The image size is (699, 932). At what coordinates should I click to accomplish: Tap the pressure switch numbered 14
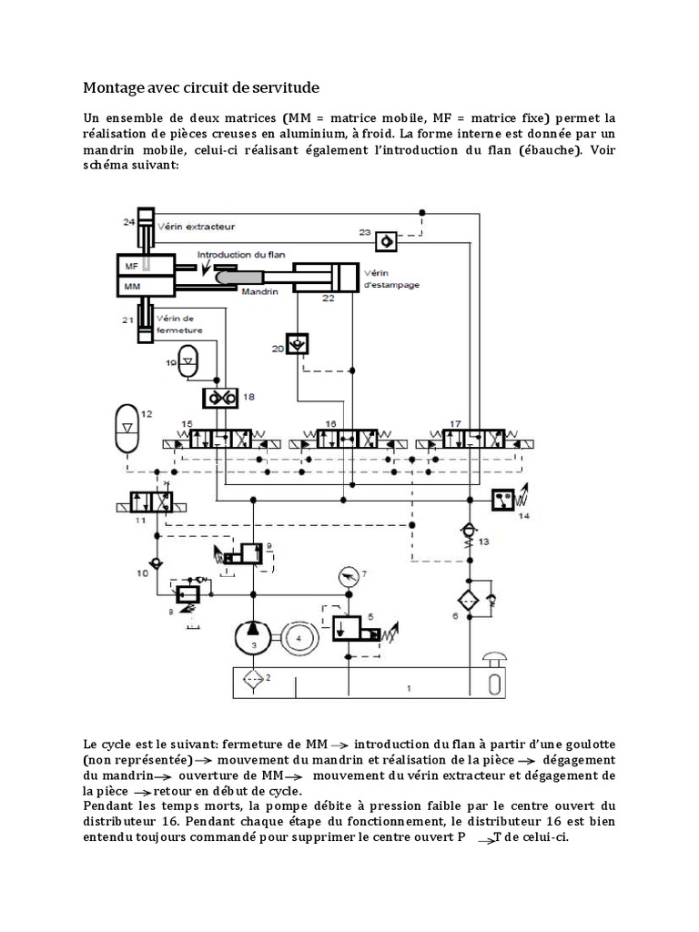[x=505, y=500]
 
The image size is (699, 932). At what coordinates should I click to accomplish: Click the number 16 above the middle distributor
[x=331, y=424]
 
